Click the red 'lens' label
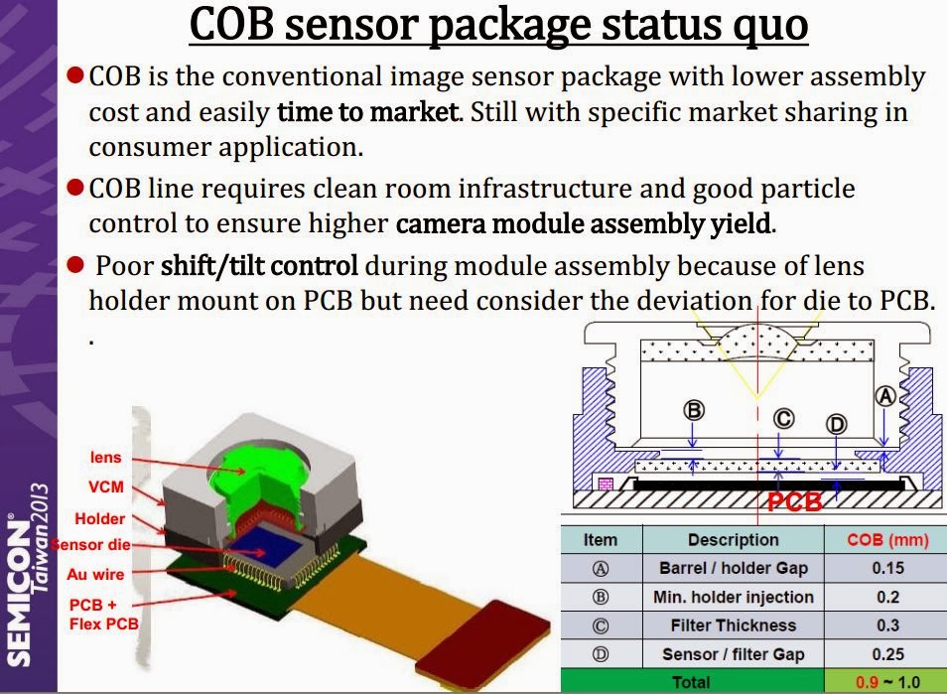point(105,458)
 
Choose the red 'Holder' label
point(100,518)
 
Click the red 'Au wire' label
point(96,574)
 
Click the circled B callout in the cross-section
point(694,409)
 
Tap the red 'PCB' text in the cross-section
point(794,502)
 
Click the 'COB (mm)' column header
point(885,540)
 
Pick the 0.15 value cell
point(885,569)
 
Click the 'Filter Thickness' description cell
point(733,625)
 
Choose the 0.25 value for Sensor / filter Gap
point(885,654)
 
